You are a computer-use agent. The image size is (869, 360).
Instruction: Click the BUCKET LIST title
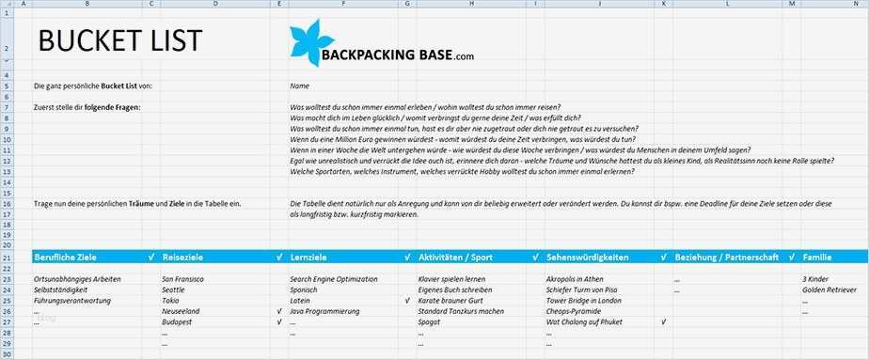[118, 40]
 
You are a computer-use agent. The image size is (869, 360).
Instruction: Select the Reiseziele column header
[183, 256]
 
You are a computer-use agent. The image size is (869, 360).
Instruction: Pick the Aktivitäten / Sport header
[455, 256]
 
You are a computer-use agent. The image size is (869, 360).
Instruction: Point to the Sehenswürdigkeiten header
[590, 256]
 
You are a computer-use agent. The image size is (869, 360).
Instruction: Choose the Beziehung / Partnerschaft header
[723, 256]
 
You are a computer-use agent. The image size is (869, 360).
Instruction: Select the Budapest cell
[177, 321]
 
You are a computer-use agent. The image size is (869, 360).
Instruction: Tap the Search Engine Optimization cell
[333, 279]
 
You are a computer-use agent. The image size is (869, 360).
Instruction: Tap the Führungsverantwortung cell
[72, 301]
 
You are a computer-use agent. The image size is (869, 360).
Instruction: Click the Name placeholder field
[300, 86]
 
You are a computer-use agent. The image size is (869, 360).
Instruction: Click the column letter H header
[469, 5]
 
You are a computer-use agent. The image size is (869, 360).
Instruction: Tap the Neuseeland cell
[181, 311]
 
